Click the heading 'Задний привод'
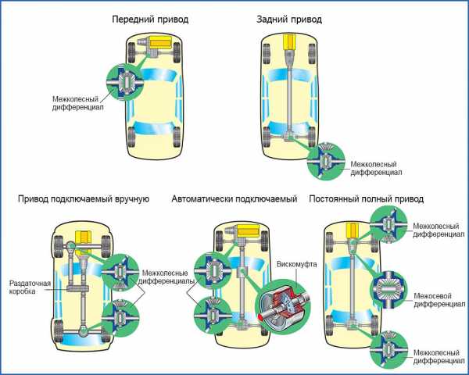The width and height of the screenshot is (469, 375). click(290, 17)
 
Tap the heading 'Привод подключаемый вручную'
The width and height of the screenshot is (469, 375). click(83, 199)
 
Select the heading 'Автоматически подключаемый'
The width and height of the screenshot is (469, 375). click(234, 199)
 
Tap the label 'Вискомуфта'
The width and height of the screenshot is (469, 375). click(297, 265)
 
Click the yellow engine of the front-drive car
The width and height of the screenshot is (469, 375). click(161, 41)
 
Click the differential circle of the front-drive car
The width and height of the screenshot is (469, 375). click(124, 79)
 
